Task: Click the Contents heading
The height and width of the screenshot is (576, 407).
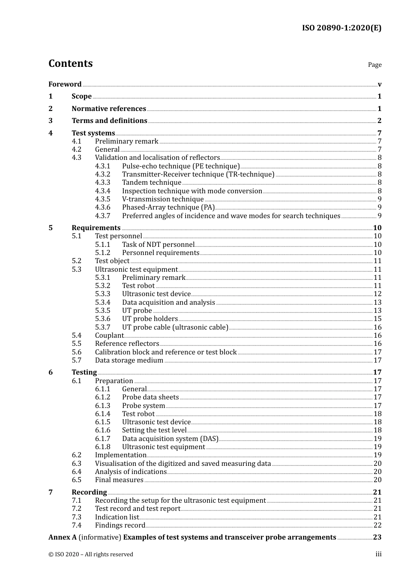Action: [x=70, y=63]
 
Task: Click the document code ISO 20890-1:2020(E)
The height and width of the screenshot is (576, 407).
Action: [x=341, y=28]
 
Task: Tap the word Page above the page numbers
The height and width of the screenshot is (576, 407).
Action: [x=374, y=65]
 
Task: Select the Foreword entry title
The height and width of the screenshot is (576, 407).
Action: [x=65, y=84]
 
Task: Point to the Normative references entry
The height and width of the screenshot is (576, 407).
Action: [x=109, y=108]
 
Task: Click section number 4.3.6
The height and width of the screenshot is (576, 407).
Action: [x=102, y=207]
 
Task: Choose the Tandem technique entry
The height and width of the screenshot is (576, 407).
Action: [x=152, y=183]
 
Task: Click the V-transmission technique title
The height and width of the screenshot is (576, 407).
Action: [x=163, y=199]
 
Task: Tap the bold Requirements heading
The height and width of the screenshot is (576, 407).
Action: [x=96, y=228]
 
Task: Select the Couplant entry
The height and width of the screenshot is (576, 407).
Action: [x=109, y=336]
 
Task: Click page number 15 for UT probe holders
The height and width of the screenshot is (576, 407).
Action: [x=377, y=319]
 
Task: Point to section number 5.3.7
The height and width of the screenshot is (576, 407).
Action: [x=102, y=327]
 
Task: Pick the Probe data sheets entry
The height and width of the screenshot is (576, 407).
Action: [x=150, y=397]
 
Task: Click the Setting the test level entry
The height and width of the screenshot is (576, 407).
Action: [x=154, y=430]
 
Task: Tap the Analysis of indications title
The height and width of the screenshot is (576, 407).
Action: [x=131, y=472]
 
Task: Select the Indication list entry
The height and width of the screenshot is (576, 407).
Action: [x=117, y=517]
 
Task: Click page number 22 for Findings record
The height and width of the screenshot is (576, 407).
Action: [x=377, y=525]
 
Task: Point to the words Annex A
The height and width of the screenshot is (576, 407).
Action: [x=63, y=537]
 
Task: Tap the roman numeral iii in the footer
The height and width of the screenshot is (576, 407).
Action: [x=378, y=554]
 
